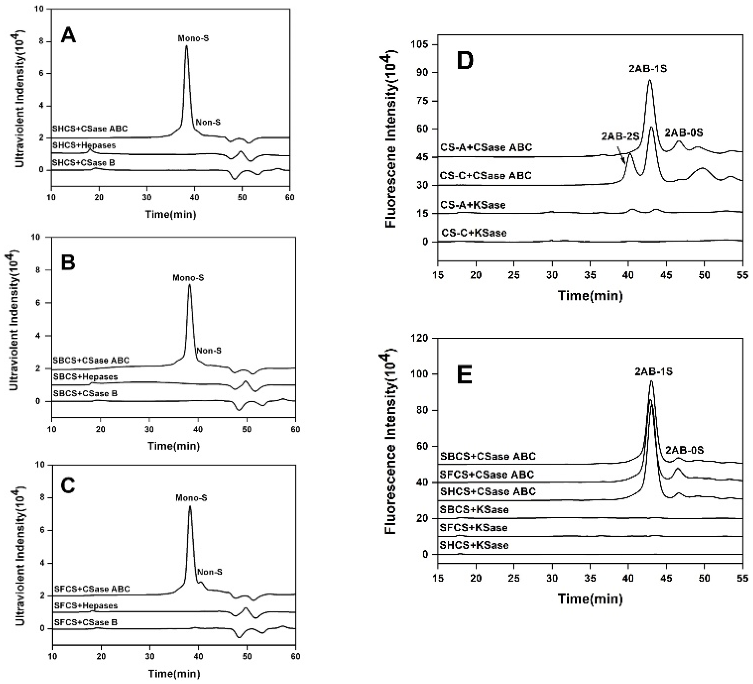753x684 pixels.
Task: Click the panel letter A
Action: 68,37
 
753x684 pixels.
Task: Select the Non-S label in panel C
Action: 210,572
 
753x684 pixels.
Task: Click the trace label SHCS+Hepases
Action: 84,145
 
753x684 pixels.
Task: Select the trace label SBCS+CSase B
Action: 85,394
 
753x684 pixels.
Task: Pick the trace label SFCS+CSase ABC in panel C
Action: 92,589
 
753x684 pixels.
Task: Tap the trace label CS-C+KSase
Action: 474,233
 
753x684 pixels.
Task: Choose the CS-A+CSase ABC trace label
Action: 486,147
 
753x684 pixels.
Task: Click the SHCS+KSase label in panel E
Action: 474,545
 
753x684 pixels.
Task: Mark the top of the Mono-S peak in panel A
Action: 186,46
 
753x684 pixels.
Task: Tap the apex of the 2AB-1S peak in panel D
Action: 650,80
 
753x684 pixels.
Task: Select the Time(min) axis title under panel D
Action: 590,296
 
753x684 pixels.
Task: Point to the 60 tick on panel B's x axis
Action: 295,429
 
